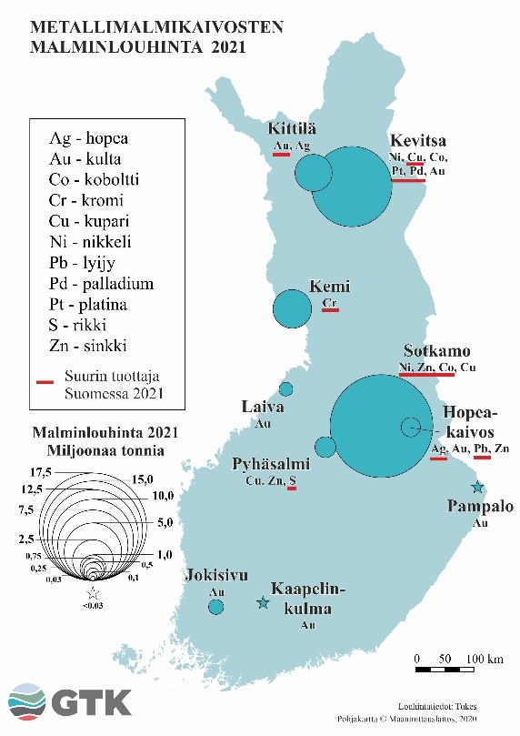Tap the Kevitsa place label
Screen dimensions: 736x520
click(417, 140)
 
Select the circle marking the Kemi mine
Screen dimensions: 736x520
click(293, 308)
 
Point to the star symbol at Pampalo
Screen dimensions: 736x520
click(478, 488)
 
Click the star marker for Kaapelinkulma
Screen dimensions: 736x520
click(263, 602)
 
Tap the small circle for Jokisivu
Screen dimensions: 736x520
click(215, 606)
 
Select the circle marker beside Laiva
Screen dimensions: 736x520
click(285, 389)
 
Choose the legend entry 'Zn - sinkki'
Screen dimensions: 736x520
click(87, 346)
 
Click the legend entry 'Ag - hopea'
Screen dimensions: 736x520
click(89, 138)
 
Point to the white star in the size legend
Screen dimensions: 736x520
click(90, 592)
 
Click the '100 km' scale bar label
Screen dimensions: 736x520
click(485, 658)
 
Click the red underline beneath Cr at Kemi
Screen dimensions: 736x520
click(330, 310)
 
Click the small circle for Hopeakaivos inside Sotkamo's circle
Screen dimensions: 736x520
click(411, 425)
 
